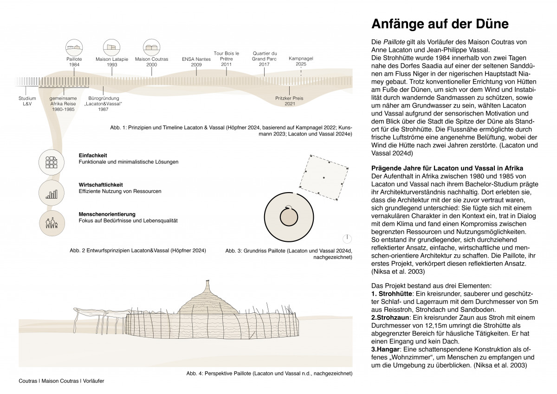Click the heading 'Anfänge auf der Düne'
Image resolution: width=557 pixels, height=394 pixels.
coord(440,24)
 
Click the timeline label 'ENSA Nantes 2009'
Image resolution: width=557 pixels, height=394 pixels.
coord(196,62)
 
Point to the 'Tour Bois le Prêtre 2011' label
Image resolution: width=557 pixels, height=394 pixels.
coord(226,59)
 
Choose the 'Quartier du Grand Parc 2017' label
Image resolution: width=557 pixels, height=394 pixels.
coord(265,59)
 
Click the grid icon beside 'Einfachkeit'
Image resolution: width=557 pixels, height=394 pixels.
coord(51,161)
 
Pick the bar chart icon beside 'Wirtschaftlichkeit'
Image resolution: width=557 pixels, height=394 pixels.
coord(51,192)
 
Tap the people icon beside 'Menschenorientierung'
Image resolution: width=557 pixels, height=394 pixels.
coord(51,222)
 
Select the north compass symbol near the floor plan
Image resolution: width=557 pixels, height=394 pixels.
coord(346,239)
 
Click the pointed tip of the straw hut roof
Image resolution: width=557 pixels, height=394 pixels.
coord(208,282)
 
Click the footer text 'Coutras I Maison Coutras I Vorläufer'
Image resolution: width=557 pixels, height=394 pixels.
coord(61,381)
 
